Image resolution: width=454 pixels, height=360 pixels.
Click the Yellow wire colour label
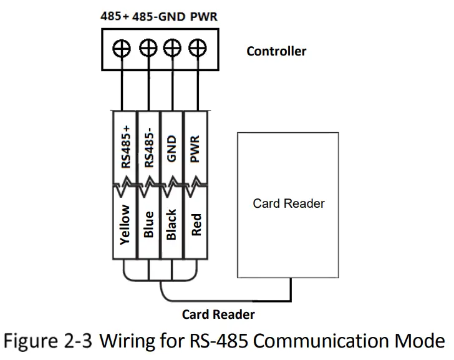click(125, 224)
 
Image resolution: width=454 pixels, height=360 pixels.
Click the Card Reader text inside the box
click(289, 203)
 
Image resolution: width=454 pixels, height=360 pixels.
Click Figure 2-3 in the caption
click(60, 341)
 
